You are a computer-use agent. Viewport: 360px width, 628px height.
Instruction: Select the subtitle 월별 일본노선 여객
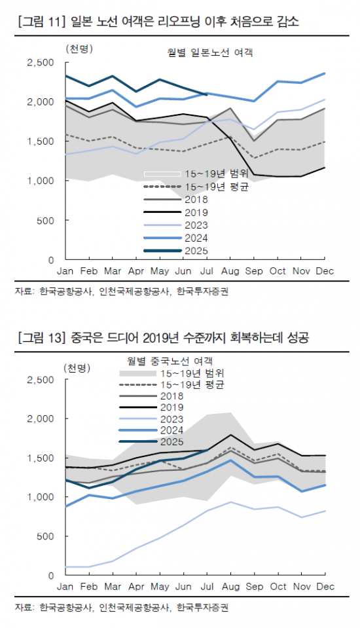210,52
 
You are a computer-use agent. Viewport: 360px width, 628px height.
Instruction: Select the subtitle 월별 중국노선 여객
174,360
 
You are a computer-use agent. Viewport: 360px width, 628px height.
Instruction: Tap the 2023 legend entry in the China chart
172,419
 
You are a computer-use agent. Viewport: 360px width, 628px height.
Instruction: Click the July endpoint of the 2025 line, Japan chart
206,94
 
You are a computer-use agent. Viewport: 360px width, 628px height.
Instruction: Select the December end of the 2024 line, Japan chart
325,73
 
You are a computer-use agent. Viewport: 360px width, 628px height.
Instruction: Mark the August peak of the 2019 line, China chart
230,435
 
